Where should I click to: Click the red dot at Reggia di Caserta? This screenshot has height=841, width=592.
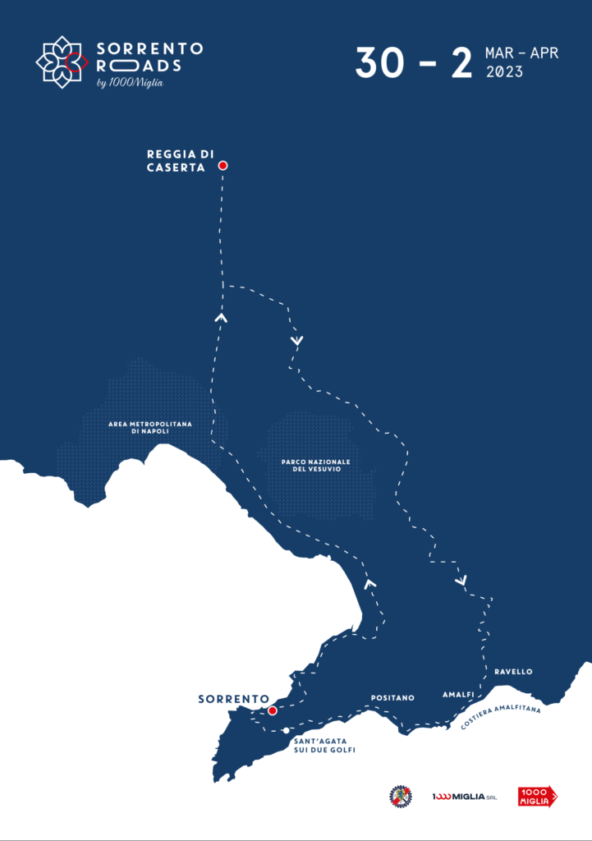pos(223,165)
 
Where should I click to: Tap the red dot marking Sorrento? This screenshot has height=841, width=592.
pos(273,710)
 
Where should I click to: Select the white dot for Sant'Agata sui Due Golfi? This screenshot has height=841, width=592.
pos(286,730)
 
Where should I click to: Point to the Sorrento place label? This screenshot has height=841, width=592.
pos(233,699)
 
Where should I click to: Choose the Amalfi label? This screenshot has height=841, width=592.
pos(458,694)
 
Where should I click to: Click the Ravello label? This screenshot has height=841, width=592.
pos(513,672)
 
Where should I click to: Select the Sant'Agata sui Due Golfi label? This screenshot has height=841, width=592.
pos(324,745)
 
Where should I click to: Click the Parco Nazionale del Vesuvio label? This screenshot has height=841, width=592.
pos(315,465)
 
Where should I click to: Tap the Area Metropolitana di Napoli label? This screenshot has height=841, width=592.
pos(150,428)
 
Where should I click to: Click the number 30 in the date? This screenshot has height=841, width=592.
pos(379,63)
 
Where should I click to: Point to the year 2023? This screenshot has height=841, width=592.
pos(504,72)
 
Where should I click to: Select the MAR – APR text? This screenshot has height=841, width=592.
pos(521,53)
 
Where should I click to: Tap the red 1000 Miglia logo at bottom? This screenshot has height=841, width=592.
pos(537,796)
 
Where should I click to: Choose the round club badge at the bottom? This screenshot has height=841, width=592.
pos(400,796)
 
